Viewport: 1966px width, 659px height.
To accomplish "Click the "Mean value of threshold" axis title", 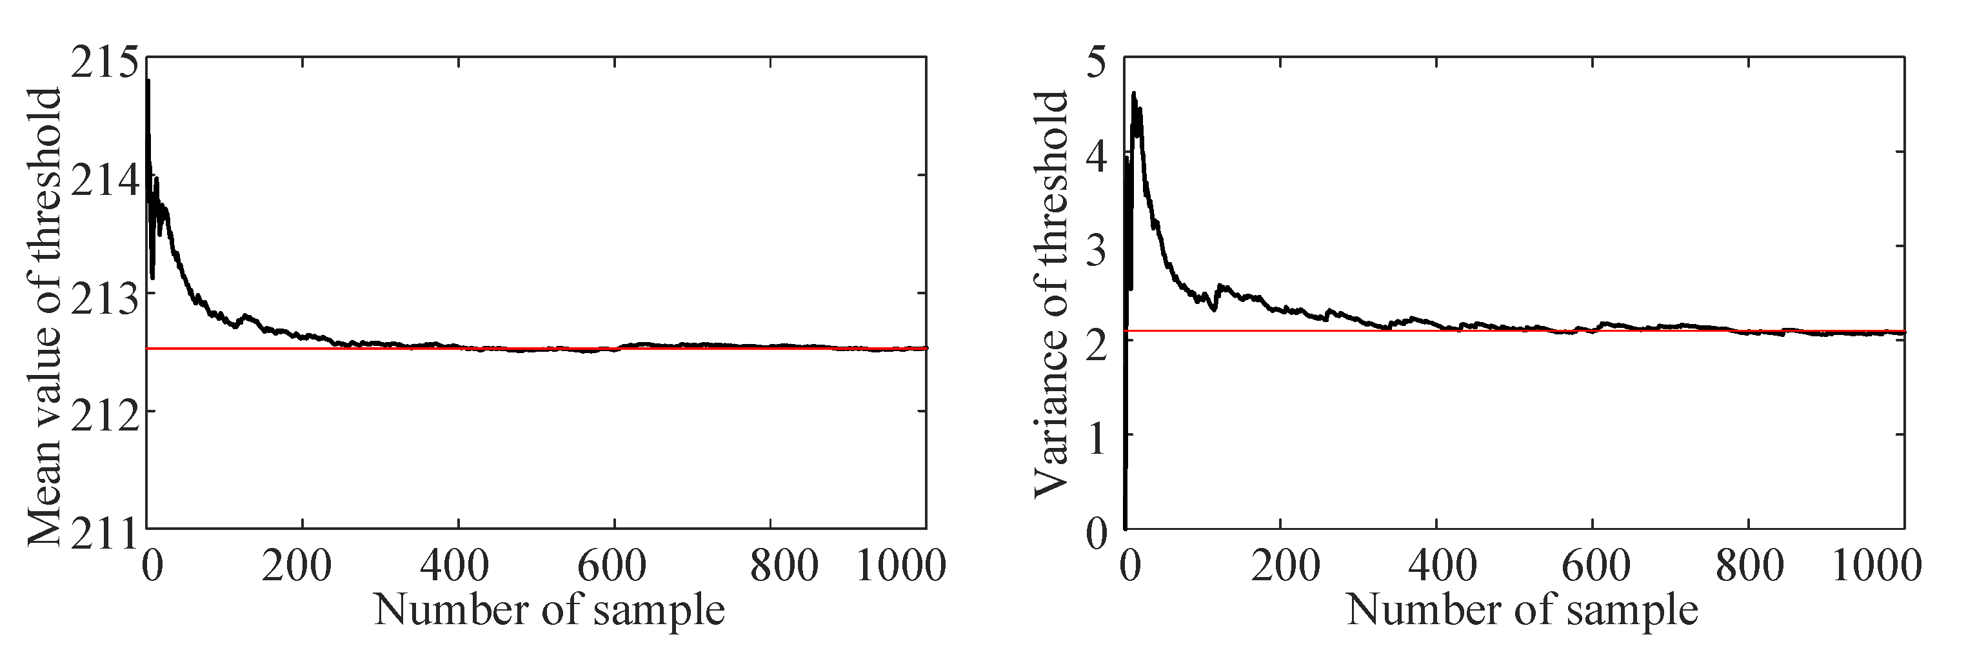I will (45, 317).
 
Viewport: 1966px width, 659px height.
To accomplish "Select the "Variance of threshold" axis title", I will (1051, 294).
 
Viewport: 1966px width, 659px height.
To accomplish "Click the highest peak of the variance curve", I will (1134, 94).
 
